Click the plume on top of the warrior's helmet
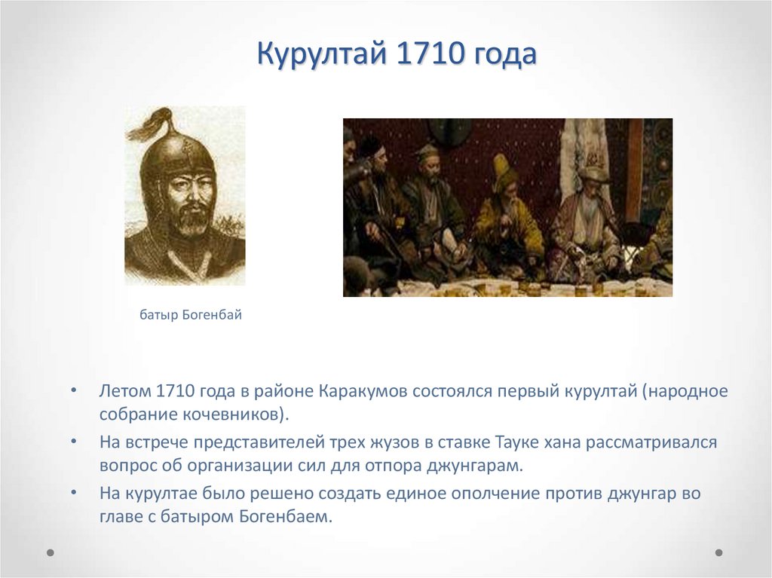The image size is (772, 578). pos(152,124)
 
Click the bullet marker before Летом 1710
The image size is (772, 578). pos(74,393)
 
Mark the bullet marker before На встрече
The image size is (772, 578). pos(74,442)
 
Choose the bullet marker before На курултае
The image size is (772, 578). pos(74,494)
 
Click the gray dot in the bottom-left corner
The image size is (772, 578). pos(51,552)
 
